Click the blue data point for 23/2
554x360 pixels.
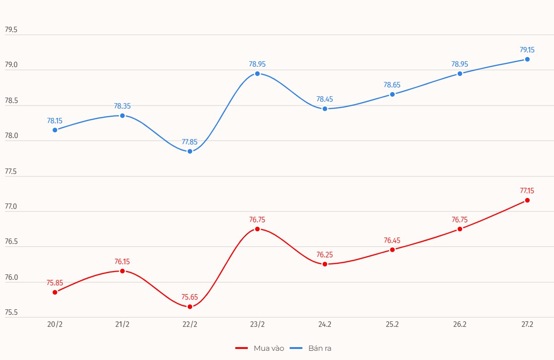click(x=257, y=74)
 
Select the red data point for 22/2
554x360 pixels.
click(x=190, y=307)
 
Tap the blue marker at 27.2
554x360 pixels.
click(x=527, y=59)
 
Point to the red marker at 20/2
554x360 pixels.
click(x=55, y=292)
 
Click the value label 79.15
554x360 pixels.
click(x=527, y=50)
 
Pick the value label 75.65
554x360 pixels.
click(x=190, y=297)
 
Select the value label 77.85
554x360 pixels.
click(x=190, y=142)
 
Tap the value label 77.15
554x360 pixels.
click(x=527, y=191)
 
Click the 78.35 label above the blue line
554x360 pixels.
click(x=122, y=106)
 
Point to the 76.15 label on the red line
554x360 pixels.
click(x=122, y=261)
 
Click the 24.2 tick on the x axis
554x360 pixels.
click(x=325, y=325)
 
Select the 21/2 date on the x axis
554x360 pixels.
click(x=122, y=325)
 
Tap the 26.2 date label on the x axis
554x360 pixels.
click(x=460, y=325)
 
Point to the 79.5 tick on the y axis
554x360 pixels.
click(x=11, y=30)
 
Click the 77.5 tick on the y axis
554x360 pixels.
click(x=11, y=172)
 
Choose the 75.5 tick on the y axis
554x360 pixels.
click(x=11, y=313)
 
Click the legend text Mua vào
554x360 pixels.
click(x=269, y=348)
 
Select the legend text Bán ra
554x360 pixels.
click(x=320, y=348)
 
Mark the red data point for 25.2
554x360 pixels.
click(x=392, y=250)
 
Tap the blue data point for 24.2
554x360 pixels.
click(x=325, y=109)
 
